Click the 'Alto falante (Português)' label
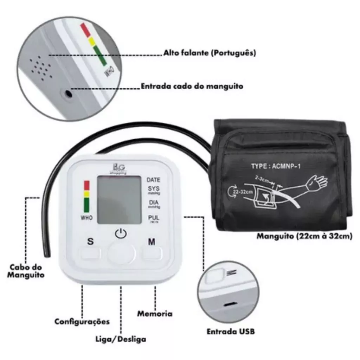point(210,53)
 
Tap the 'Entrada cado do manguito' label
point(192,86)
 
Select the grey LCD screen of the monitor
point(119,200)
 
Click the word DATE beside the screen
point(153,180)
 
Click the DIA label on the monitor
point(153,203)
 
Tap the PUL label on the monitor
point(153,218)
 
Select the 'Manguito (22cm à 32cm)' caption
point(304,236)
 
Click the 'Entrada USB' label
point(230,332)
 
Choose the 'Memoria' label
point(155,313)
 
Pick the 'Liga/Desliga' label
point(121,340)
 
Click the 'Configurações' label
point(82,321)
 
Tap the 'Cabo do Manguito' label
point(26,271)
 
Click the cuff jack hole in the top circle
point(67,94)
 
